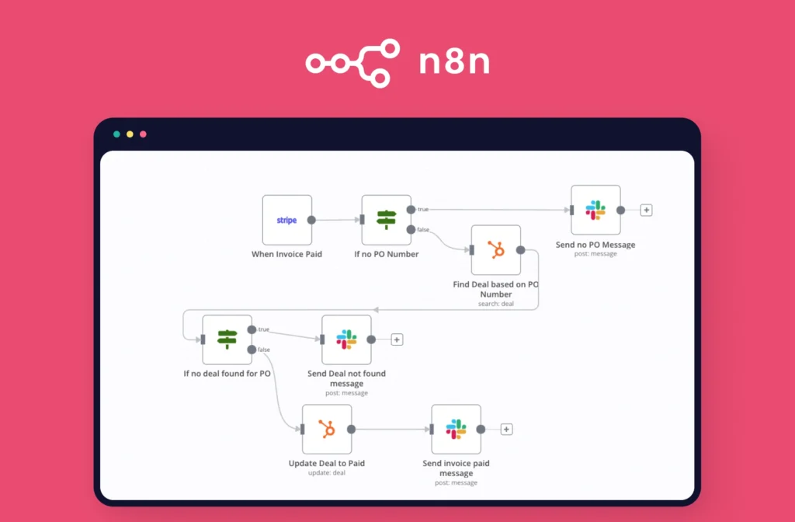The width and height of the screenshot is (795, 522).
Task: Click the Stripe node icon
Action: tap(287, 220)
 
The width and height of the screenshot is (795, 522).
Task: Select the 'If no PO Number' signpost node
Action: tap(387, 220)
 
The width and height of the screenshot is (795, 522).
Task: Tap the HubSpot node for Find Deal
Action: tap(496, 250)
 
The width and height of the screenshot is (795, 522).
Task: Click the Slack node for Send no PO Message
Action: tap(595, 210)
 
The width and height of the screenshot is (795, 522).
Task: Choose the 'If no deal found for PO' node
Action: tap(227, 339)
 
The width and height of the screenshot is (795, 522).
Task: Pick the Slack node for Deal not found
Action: tap(346, 339)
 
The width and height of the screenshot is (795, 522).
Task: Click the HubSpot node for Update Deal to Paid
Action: tap(326, 429)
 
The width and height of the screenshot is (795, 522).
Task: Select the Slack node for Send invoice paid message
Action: tap(456, 429)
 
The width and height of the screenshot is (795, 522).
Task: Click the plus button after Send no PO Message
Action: tap(646, 210)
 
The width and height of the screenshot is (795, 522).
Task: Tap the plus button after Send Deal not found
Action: tap(397, 339)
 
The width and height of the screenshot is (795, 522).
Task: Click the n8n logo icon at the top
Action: tap(352, 63)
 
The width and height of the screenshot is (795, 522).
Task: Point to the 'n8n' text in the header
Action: tap(454, 63)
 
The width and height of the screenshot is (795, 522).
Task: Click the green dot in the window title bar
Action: tap(116, 134)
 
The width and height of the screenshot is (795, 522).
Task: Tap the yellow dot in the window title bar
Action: tap(130, 134)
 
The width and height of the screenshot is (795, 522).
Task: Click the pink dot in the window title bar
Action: tap(143, 134)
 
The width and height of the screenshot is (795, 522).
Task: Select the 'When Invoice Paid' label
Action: tap(286, 254)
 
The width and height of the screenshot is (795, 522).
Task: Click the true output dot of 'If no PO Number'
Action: tap(411, 210)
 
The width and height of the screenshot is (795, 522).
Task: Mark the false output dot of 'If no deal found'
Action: tap(252, 350)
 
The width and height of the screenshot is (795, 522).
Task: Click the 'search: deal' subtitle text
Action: tap(496, 304)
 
